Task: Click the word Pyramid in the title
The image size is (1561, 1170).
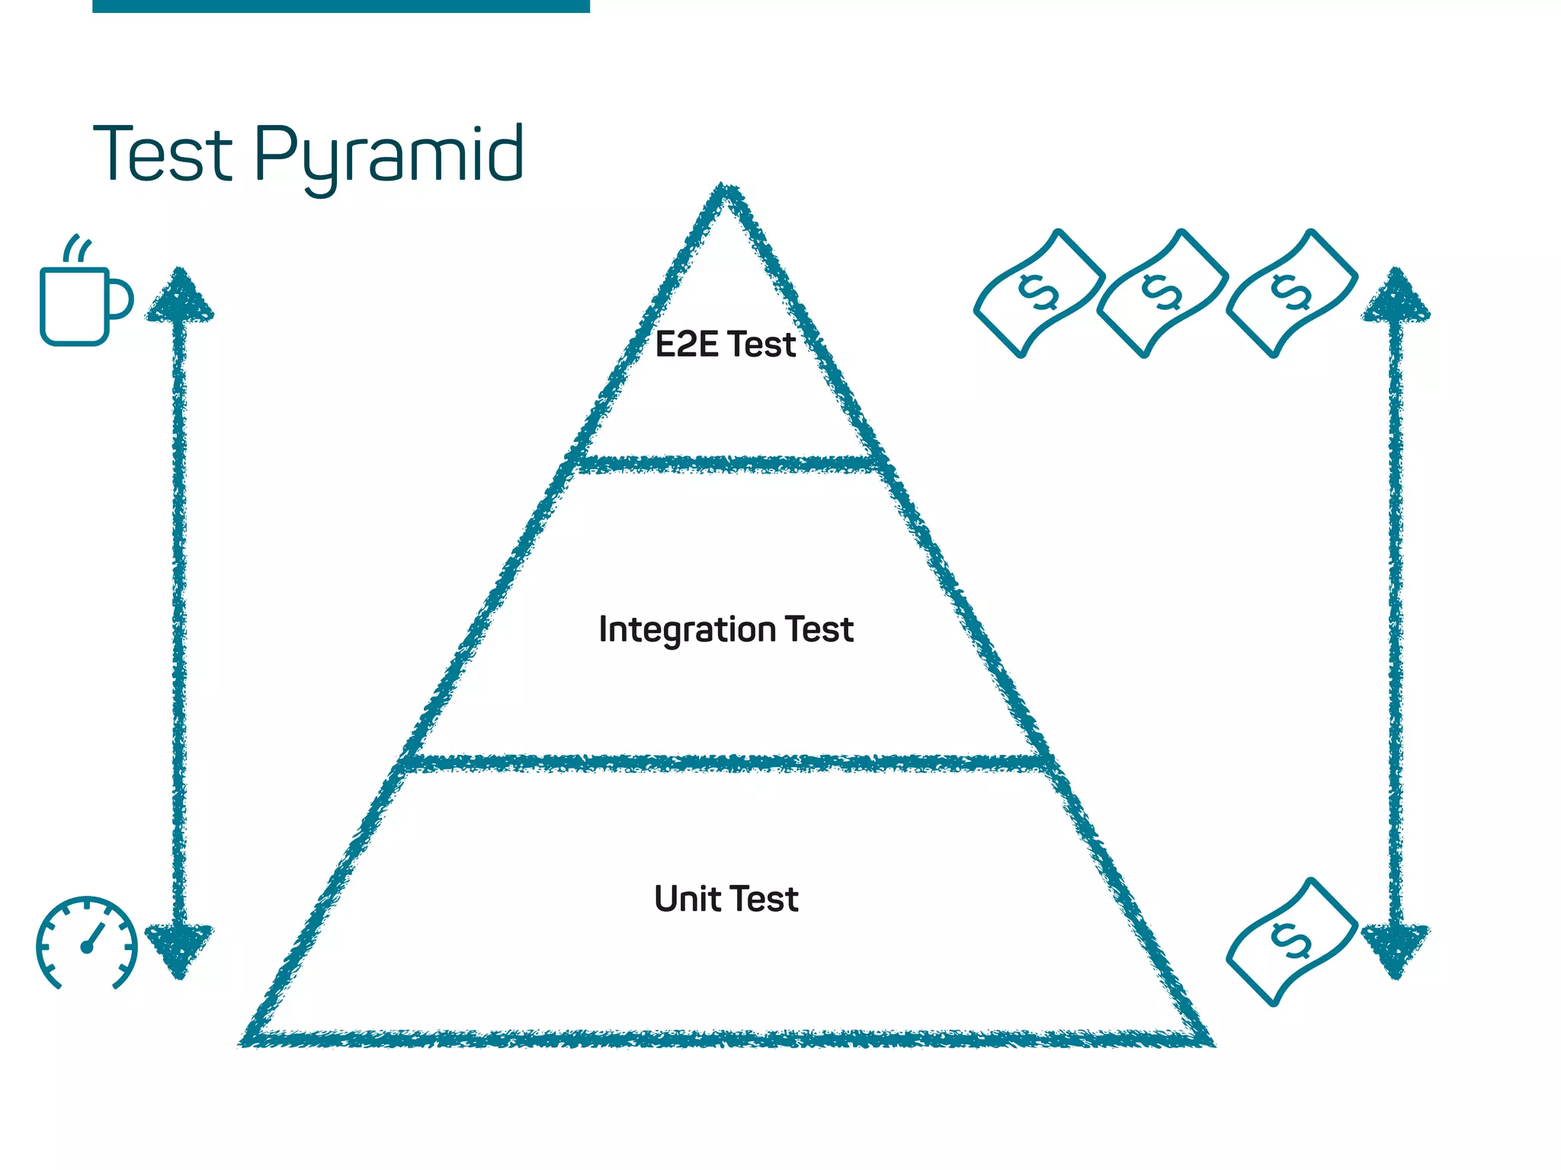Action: point(389,156)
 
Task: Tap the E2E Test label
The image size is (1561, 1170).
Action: point(726,345)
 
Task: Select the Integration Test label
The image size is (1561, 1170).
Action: point(726,630)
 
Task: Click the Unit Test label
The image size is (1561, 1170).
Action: point(726,899)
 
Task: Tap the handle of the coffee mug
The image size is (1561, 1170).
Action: point(121,299)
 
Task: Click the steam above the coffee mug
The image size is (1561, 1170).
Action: point(77,248)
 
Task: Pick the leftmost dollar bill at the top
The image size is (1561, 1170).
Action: point(1039,293)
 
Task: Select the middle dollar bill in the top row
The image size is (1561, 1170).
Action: point(1162,293)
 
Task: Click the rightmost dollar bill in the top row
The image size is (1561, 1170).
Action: point(1292,293)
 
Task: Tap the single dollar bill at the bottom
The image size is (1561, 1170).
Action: point(1292,942)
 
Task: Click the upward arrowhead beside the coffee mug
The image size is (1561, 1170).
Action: point(179,297)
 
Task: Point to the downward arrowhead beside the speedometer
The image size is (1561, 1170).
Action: point(179,948)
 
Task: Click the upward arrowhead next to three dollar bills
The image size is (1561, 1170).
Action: point(1396,297)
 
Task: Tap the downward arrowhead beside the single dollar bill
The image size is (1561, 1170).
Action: point(1396,948)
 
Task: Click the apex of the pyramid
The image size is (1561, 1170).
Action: point(726,193)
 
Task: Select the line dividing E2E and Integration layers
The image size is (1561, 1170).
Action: point(726,463)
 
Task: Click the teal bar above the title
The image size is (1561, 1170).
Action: point(341,6)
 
